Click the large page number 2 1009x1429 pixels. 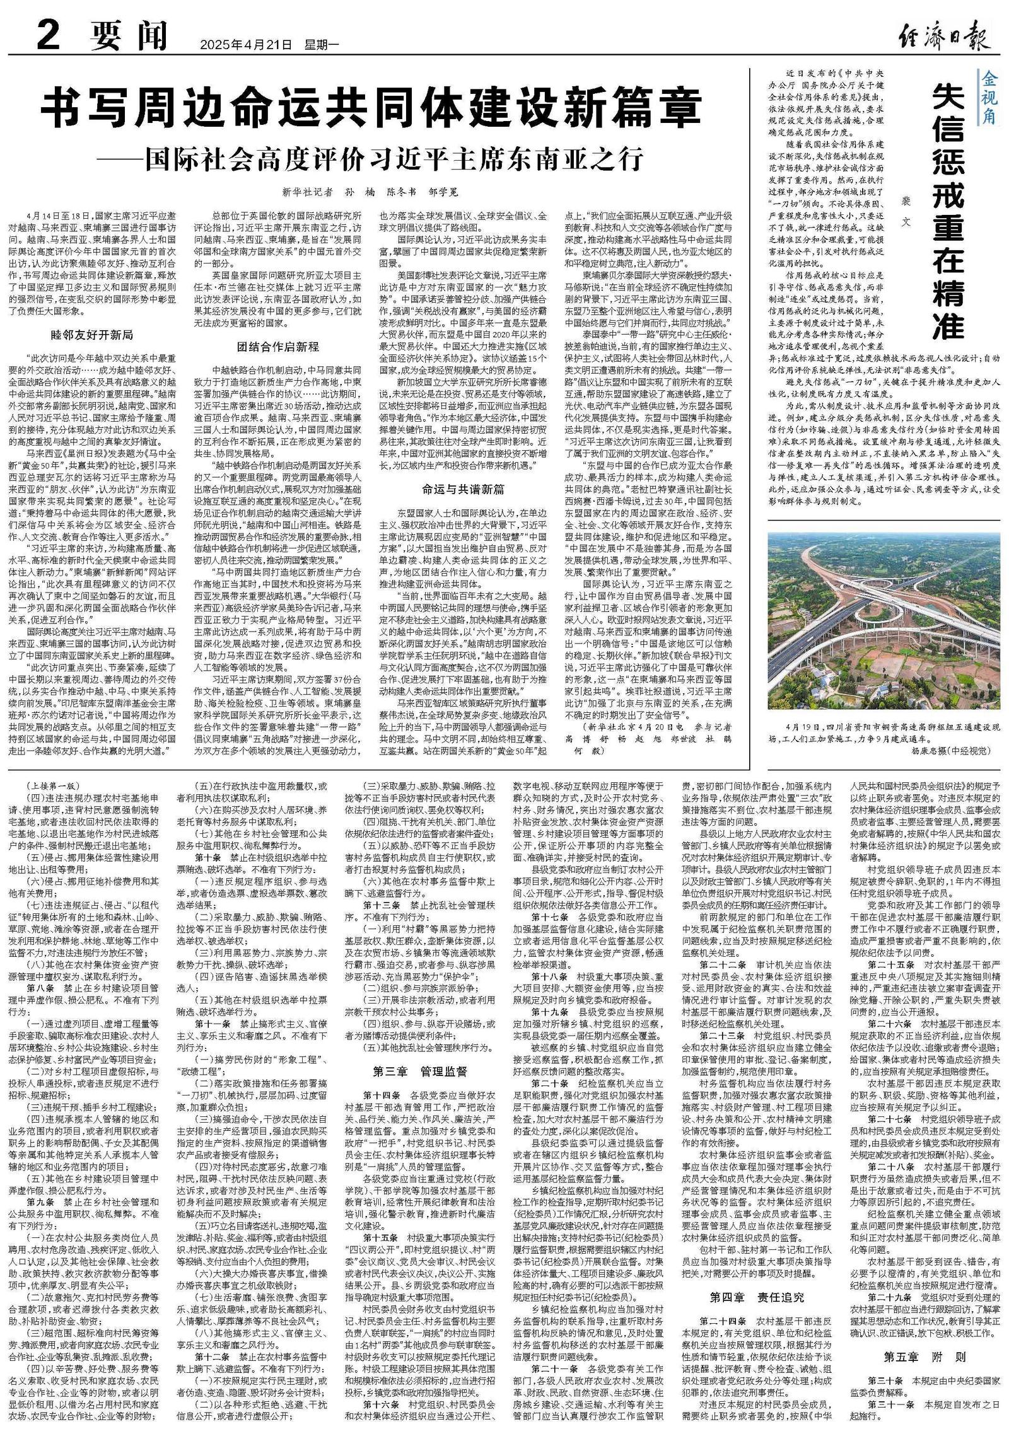pyautogui.click(x=47, y=37)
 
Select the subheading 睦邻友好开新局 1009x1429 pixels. pyautogui.click(x=91, y=335)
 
